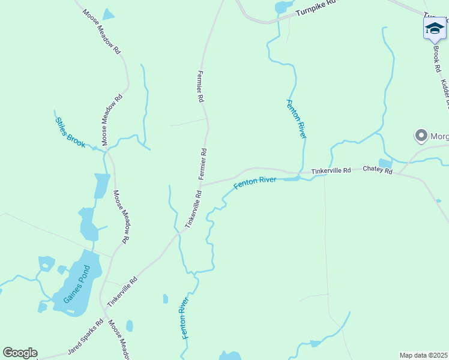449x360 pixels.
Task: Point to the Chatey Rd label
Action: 378,171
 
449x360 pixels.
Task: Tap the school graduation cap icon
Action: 435,28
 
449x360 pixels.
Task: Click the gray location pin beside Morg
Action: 421,136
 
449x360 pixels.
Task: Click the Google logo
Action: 20,353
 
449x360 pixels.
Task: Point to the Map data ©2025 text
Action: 423,355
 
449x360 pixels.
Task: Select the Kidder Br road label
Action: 445,93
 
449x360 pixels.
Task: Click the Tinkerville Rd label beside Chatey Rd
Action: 331,172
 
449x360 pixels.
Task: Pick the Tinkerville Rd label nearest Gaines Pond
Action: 122,292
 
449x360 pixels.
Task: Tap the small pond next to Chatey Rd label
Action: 385,163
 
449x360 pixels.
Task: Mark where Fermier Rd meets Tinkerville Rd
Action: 202,185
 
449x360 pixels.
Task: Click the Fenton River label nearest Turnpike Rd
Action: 297,119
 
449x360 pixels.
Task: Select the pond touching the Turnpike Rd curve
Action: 281,7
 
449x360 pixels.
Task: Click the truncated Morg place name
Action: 439,136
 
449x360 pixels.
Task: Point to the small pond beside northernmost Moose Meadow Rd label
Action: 108,15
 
